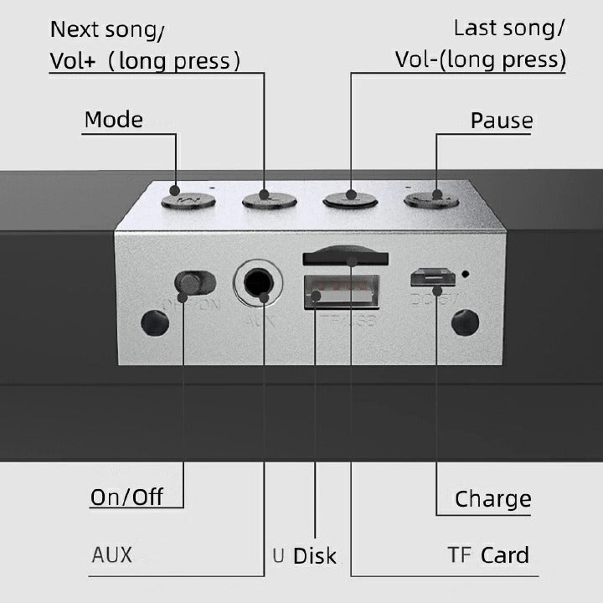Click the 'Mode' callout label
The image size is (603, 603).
tap(113, 120)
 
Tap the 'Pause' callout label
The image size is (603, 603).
tap(501, 121)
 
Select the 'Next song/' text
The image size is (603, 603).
tap(107, 30)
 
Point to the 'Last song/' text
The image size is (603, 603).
tap(508, 28)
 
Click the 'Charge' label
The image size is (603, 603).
tap(492, 499)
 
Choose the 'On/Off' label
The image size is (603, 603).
tap(126, 497)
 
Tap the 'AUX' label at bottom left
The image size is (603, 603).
tap(111, 554)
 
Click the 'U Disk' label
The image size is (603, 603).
tap(304, 554)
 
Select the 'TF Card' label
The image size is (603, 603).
tap(487, 554)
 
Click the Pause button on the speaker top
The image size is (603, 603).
tap(433, 199)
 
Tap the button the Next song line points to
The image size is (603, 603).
tap(270, 199)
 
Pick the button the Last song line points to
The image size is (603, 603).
tap(351, 199)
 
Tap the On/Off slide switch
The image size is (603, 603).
tap(194, 282)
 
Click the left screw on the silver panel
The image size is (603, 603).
tap(152, 323)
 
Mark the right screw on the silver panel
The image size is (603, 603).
tap(465, 323)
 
